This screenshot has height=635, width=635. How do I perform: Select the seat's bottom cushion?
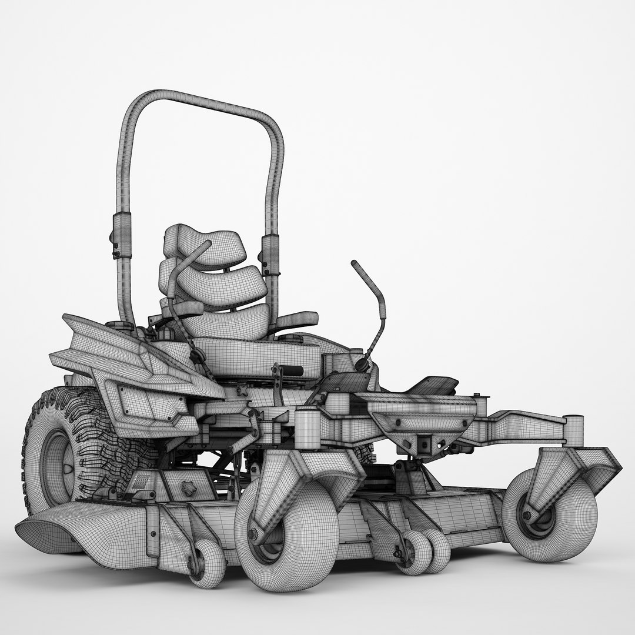click(x=253, y=351)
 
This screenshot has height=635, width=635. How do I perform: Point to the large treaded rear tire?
click(x=65, y=447)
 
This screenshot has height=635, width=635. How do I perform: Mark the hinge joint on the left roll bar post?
click(x=121, y=235)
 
